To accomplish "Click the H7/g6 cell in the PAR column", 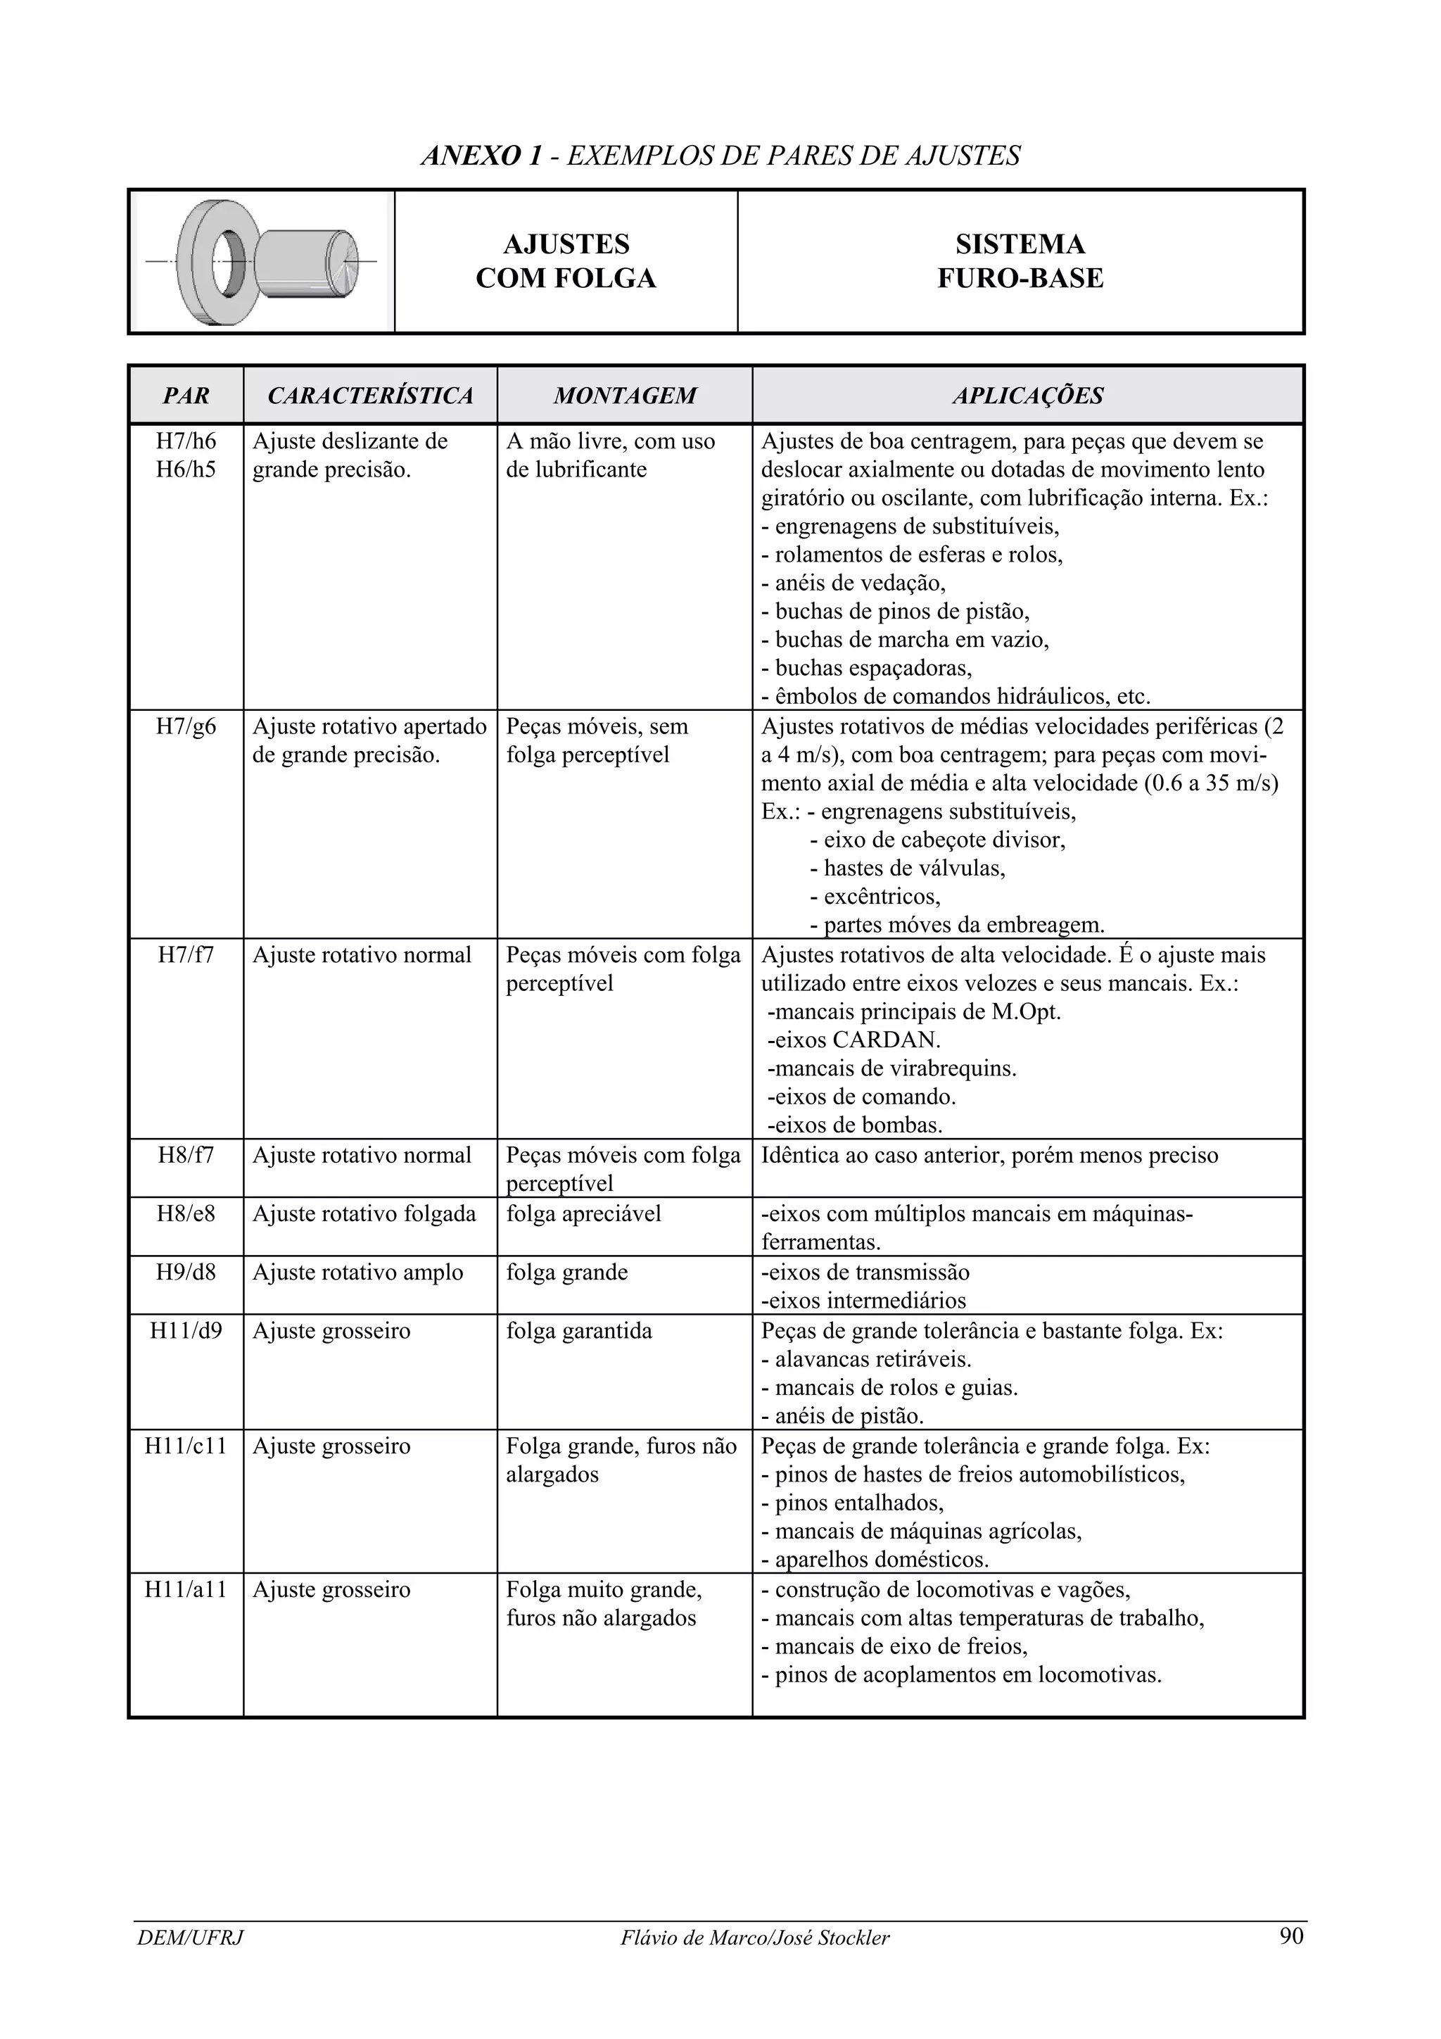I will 186,726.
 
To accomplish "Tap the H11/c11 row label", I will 186,1446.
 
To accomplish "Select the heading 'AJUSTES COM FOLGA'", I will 566,261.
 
